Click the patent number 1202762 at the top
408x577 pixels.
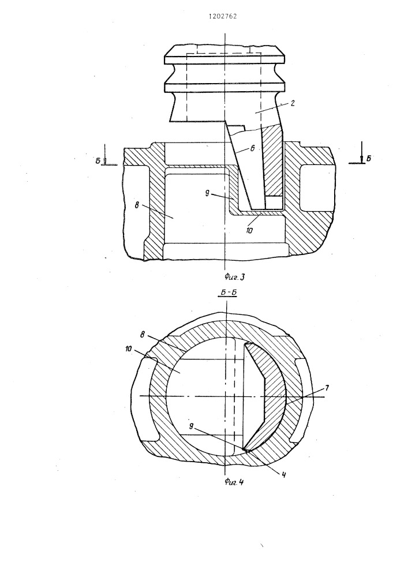(223, 16)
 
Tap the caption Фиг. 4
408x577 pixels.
(234, 482)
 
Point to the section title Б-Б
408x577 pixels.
(227, 293)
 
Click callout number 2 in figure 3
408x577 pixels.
(292, 103)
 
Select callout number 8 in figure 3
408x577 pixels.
(137, 205)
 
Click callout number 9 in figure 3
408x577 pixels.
(208, 193)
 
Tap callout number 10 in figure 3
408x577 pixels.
(249, 230)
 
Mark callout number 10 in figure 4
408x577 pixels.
(128, 348)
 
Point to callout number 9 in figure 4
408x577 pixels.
(191, 426)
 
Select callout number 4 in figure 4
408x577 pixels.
(284, 475)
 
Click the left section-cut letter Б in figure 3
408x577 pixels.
(98, 161)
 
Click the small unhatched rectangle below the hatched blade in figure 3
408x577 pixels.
(274, 202)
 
